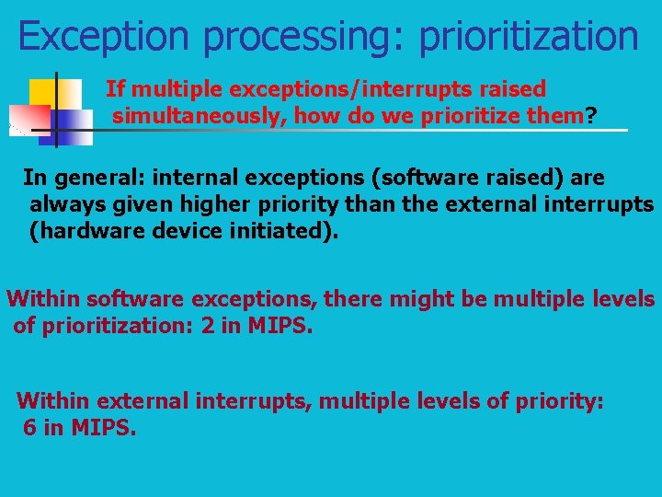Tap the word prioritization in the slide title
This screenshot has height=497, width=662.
[528, 37]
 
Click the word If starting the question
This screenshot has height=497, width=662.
[115, 89]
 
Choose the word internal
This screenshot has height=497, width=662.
[196, 177]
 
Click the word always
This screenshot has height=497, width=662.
[65, 203]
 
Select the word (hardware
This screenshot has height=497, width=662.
[79, 230]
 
